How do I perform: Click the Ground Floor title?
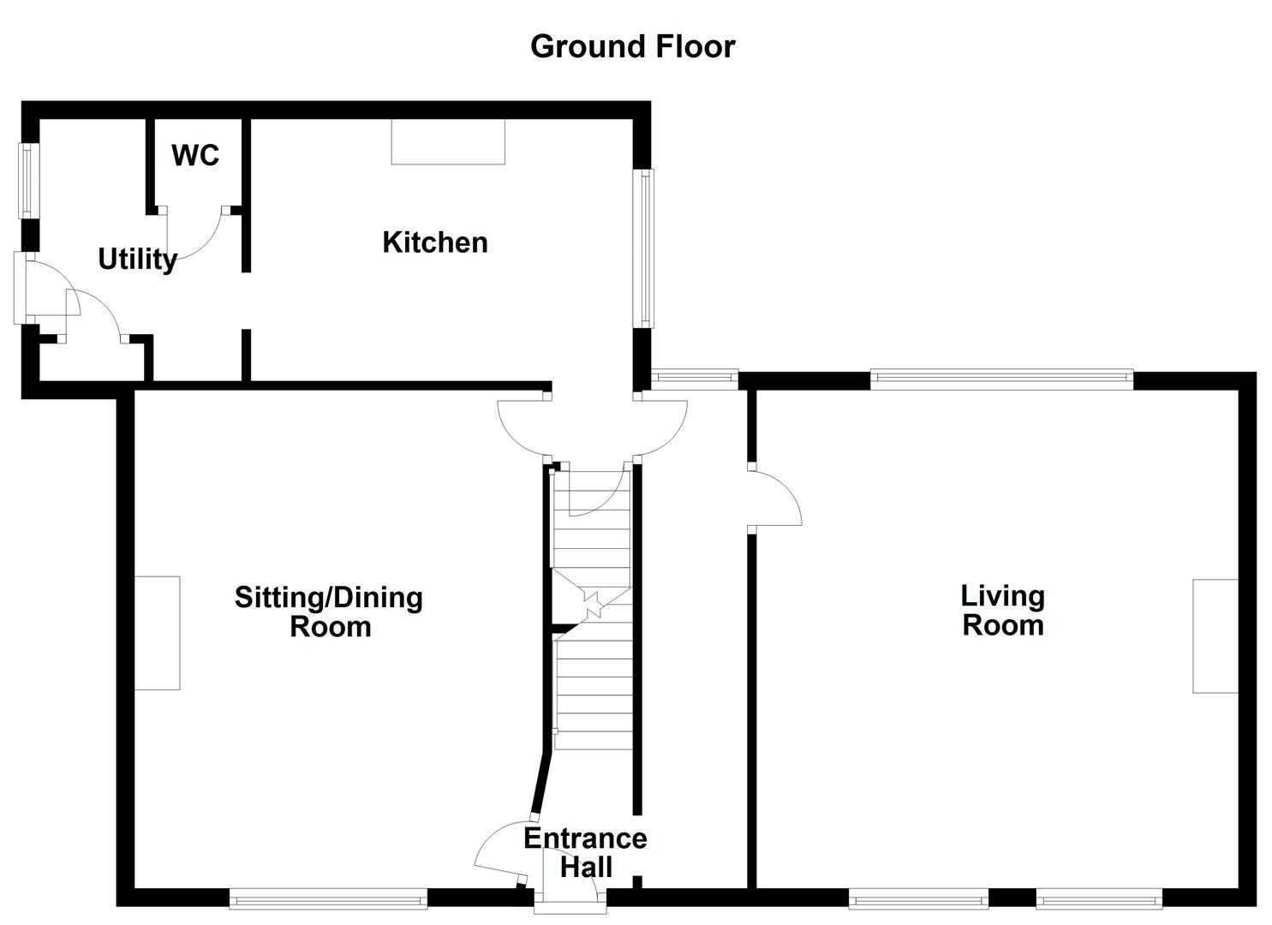click(632, 46)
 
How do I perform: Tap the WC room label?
click(195, 155)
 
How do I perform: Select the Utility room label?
click(137, 259)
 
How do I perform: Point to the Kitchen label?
click(435, 242)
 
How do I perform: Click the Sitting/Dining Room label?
click(329, 612)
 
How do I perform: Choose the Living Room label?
click(1002, 610)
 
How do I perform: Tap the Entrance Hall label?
click(586, 852)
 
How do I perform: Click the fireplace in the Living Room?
click(1215, 636)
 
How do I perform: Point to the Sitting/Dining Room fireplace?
click(158, 633)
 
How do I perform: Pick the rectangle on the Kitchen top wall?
click(448, 141)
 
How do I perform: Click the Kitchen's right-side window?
click(643, 248)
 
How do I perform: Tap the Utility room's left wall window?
click(30, 179)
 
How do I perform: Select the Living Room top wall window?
click(1001, 379)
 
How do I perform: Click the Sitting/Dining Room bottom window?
click(328, 898)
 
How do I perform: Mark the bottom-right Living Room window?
click(1099, 898)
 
